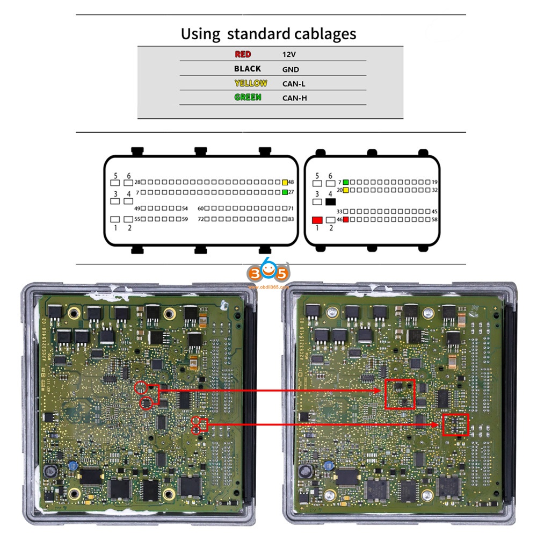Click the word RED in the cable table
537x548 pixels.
click(x=243, y=54)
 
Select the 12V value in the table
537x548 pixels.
click(x=289, y=55)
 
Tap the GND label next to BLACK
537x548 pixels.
click(x=291, y=69)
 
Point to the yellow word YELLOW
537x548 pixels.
click(x=251, y=83)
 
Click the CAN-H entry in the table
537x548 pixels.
click(x=295, y=98)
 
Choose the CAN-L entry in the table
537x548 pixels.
click(x=294, y=84)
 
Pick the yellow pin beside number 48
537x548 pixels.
click(x=285, y=182)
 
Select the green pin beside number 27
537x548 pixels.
click(x=285, y=192)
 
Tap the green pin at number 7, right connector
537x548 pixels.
click(x=346, y=182)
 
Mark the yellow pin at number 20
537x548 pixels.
click(x=346, y=190)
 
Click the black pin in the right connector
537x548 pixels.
click(x=330, y=201)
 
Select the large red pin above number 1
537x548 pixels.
click(x=317, y=220)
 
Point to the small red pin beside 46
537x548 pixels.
click(x=346, y=220)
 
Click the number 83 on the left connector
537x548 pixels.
click(x=291, y=219)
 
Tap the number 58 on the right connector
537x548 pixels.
click(x=434, y=220)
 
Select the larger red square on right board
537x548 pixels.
click(x=400, y=394)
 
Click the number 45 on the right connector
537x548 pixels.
click(x=434, y=212)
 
